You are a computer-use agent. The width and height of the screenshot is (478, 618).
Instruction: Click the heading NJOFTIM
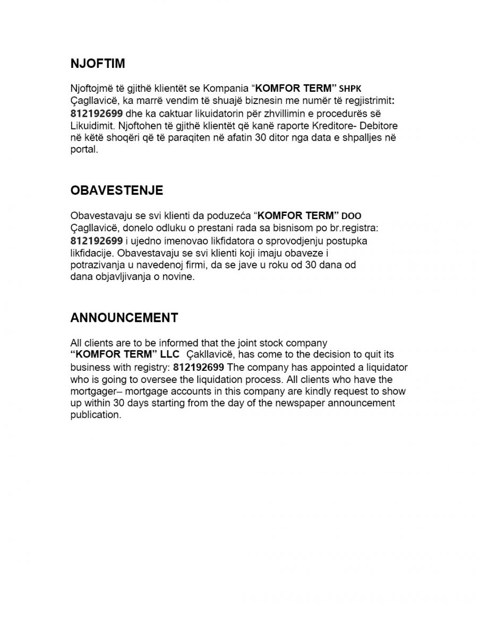click(98, 64)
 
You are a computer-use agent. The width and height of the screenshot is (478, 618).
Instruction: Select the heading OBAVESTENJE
click(117, 190)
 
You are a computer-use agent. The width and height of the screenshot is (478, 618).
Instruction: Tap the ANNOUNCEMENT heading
click(124, 318)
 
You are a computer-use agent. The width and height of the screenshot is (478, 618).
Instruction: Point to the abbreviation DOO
click(352, 216)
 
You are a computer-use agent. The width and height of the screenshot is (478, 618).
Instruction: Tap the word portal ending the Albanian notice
click(83, 150)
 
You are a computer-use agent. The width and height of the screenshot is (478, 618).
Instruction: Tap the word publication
click(94, 415)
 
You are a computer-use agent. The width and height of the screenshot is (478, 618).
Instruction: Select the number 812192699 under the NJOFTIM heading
click(96, 113)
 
